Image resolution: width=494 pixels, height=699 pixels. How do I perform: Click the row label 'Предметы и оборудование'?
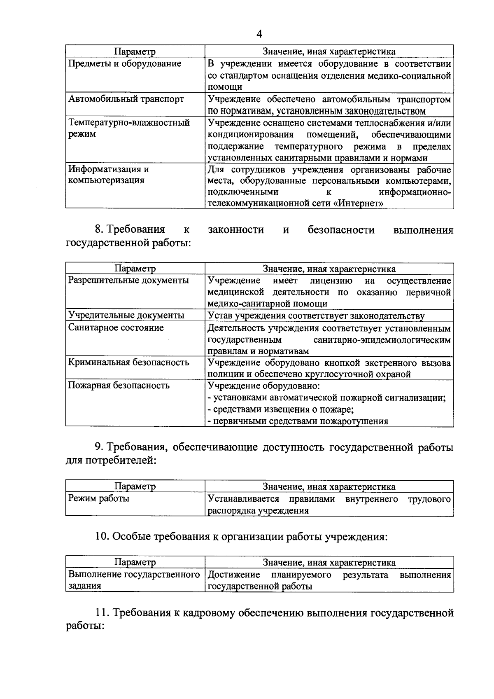(125, 64)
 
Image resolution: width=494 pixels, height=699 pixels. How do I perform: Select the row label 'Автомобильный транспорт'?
(126, 99)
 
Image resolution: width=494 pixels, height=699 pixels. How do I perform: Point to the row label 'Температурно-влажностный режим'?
(129, 128)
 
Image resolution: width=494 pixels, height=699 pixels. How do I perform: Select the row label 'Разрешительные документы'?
(128, 281)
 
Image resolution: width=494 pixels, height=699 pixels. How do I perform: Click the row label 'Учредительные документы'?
(126, 316)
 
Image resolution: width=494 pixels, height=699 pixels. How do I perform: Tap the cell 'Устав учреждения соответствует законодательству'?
(316, 316)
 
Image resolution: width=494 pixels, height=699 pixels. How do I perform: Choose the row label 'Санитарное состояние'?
(116, 328)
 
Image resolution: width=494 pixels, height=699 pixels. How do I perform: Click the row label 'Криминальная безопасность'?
(128, 362)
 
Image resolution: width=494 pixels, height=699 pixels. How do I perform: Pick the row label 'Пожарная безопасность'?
(119, 386)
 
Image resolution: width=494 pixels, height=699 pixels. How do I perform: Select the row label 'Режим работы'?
(99, 499)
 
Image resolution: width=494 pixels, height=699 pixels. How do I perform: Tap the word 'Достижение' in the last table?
(234, 575)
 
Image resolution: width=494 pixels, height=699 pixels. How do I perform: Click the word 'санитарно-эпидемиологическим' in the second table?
(382, 340)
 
